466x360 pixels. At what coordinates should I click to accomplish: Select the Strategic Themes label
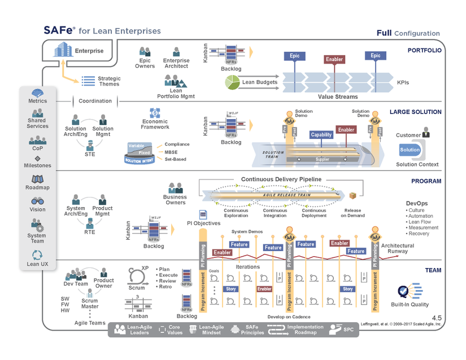pos(109,81)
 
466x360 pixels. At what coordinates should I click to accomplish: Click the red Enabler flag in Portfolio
pos(334,59)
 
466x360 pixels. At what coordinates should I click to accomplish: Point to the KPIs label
pos(403,82)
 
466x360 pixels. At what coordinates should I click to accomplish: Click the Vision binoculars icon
pos(38,201)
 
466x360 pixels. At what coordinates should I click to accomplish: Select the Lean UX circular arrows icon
pos(37,255)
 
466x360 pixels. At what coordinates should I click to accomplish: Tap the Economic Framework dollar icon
pos(155,112)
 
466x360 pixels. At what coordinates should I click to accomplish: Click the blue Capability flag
pos(321,135)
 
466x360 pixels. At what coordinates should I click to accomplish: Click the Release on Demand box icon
pos(352,196)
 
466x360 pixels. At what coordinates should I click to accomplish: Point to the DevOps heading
pos(417,203)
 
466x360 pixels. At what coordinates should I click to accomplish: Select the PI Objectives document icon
pos(203,214)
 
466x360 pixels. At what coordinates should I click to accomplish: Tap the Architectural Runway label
pos(398,248)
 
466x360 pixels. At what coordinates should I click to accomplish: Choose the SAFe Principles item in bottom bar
pos(252,330)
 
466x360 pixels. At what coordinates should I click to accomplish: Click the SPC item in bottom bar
pos(343,330)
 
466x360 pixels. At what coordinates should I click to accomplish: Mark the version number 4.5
pos(437,319)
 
